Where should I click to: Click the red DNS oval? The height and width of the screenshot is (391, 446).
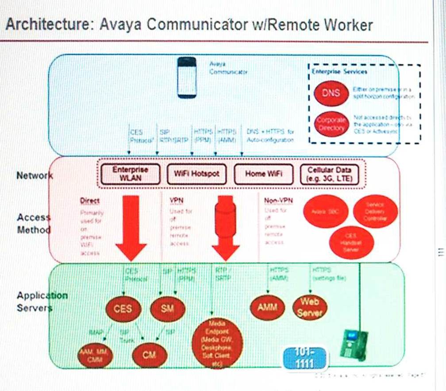pos(331,93)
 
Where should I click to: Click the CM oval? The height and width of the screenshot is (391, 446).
pos(150,354)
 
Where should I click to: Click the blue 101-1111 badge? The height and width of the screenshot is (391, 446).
pos(305,357)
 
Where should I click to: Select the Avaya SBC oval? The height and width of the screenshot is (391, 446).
pos(326,212)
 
